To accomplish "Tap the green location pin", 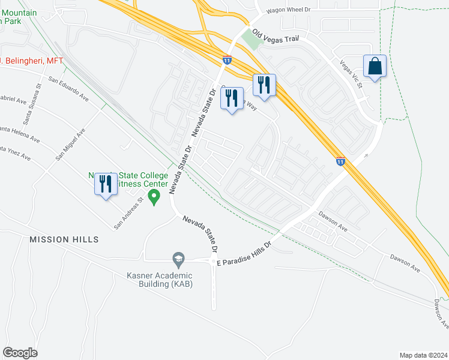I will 154,196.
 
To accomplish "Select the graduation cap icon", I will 178,259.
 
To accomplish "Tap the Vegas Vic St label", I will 351,74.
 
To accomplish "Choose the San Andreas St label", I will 131,214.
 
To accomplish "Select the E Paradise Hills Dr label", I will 244,254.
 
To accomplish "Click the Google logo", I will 20,352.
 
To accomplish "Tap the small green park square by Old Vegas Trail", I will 252,40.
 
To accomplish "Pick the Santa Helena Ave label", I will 19,133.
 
